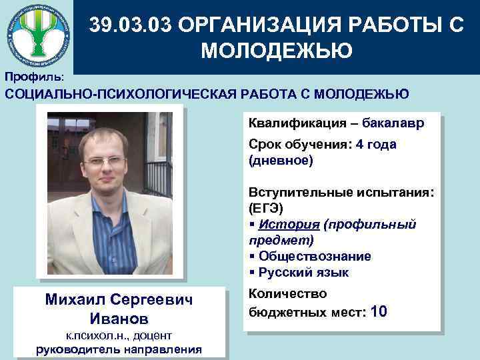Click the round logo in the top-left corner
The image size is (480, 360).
point(37,33)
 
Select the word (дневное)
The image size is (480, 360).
point(280,161)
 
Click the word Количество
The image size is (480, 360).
point(288,293)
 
